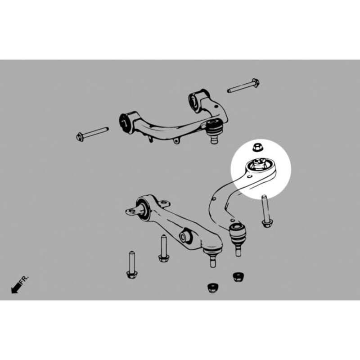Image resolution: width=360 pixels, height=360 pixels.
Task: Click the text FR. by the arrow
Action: (24, 280)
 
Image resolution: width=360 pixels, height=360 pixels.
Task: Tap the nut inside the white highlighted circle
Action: (257, 147)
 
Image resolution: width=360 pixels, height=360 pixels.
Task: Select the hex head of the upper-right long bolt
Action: (256, 83)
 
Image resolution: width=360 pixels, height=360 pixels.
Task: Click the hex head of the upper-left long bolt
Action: (80, 137)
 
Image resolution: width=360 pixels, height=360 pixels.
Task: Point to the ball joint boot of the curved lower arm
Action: (238, 233)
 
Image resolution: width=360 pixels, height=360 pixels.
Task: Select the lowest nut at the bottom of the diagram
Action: (212, 288)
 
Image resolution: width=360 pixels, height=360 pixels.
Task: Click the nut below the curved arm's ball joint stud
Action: (238, 277)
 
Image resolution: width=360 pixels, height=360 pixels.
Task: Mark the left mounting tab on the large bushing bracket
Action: (131, 211)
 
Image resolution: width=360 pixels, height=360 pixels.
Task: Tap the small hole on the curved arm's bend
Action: (214, 199)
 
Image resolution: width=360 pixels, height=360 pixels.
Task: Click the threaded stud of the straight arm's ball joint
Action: (213, 262)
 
